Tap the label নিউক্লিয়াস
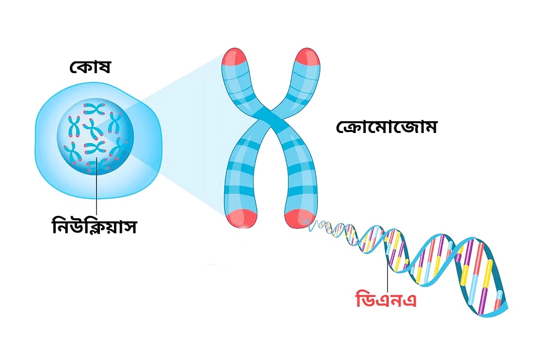click(94, 225)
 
